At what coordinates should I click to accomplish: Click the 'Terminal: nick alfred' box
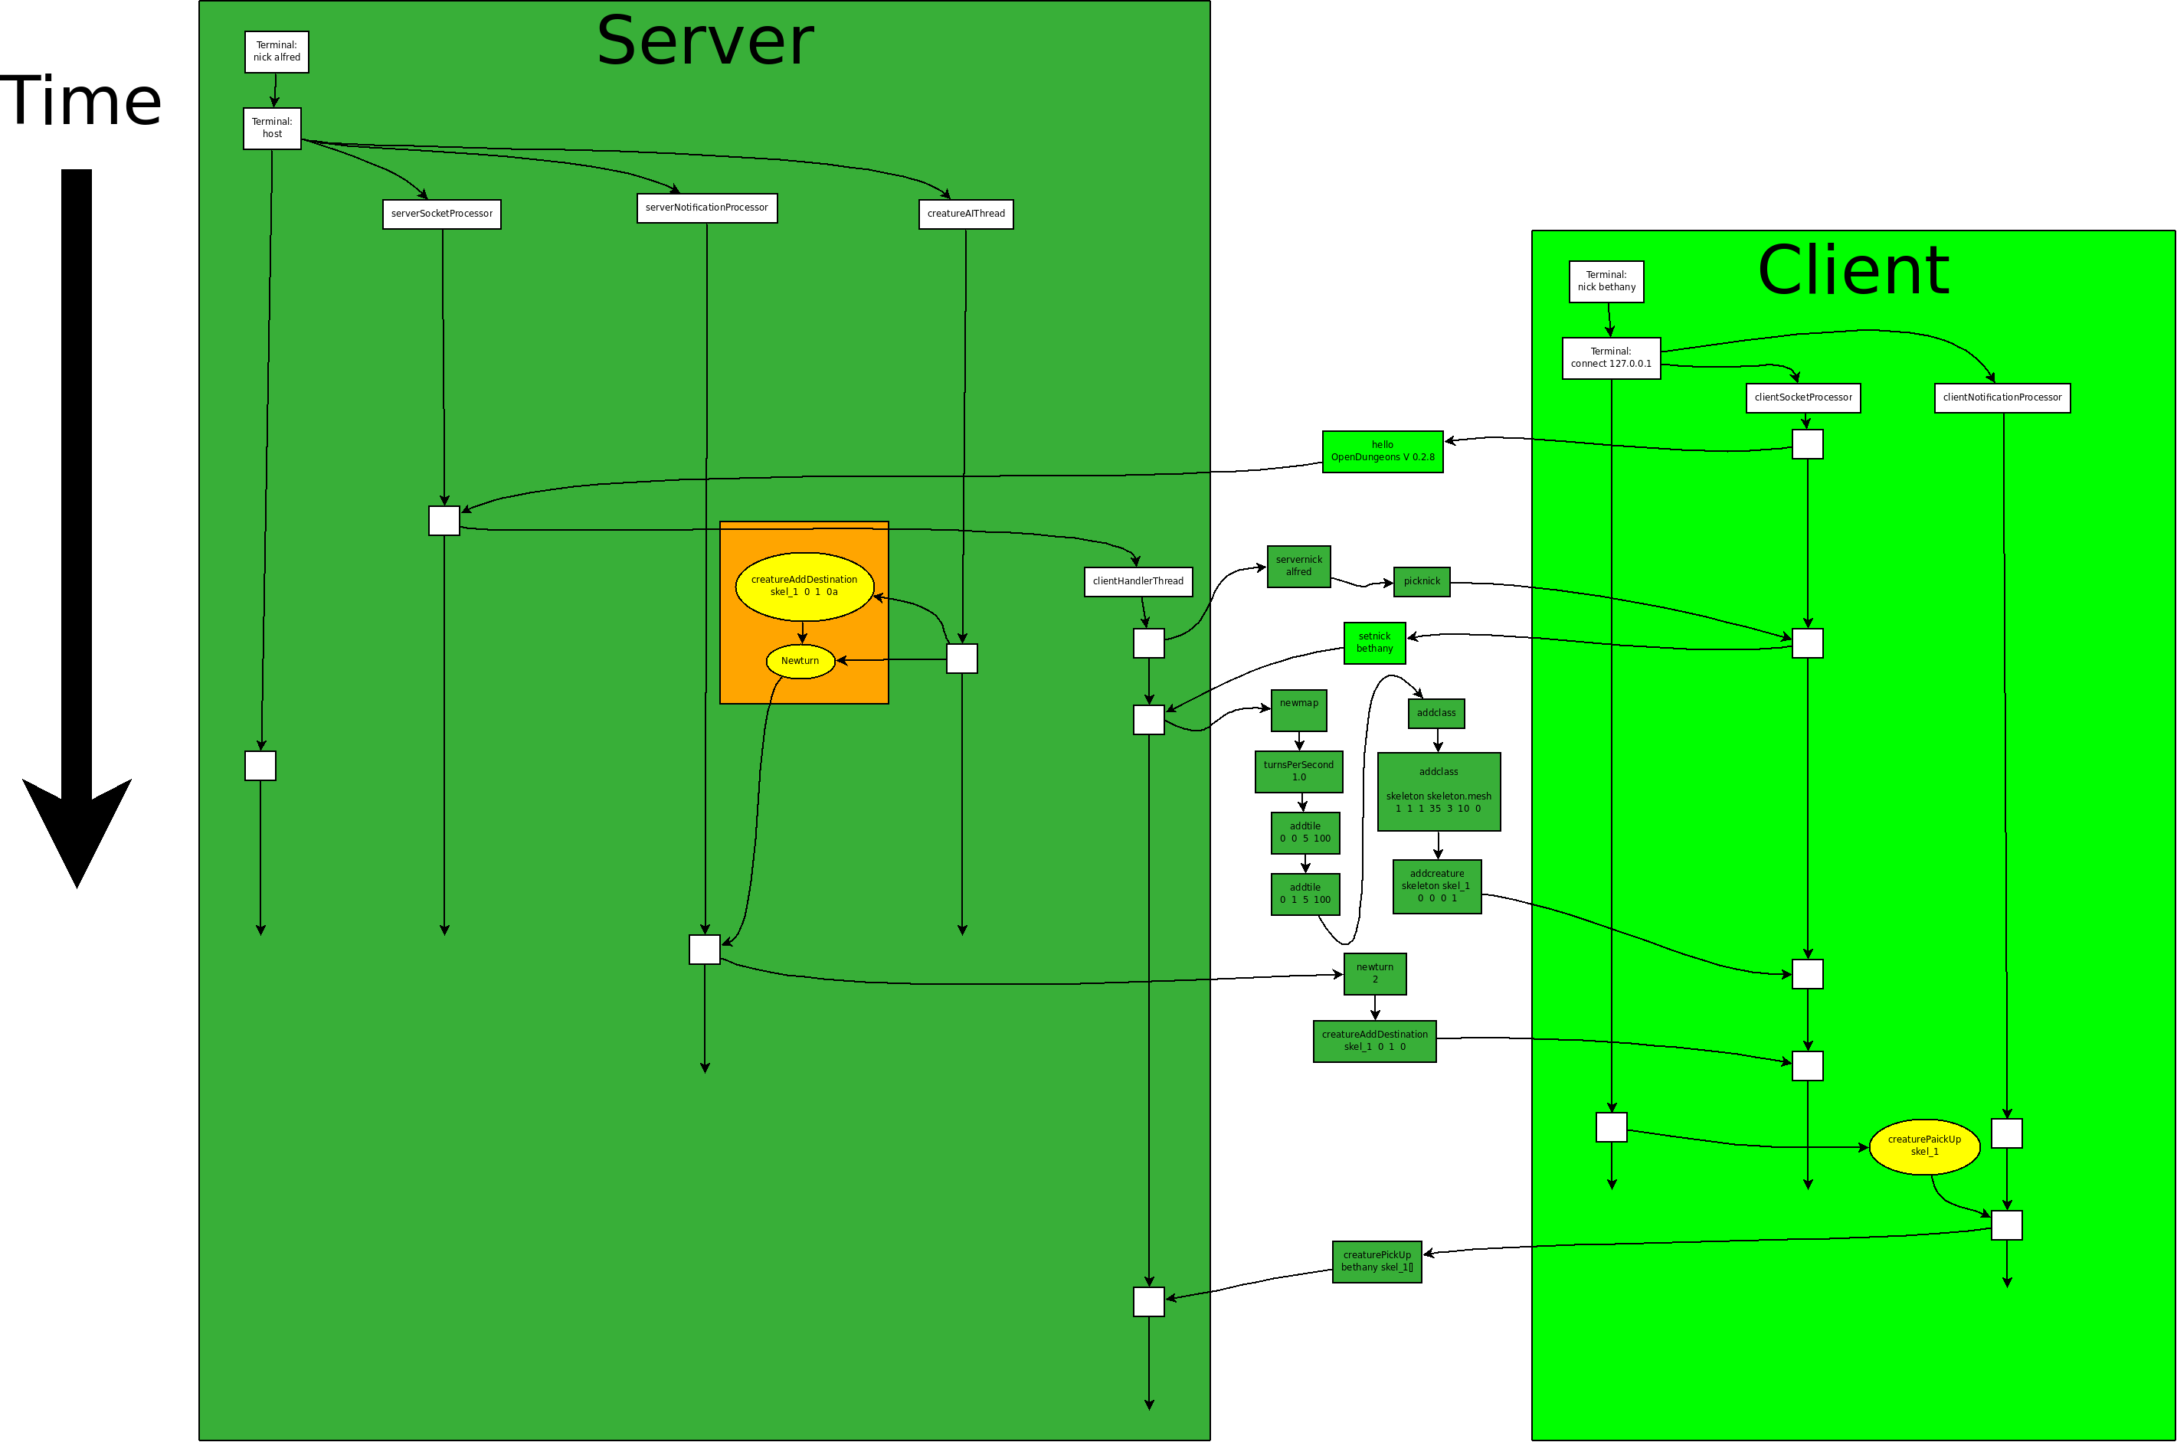point(276,51)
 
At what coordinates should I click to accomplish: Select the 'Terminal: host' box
point(271,128)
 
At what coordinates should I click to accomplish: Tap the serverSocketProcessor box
point(441,214)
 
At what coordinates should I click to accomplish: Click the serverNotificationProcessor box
point(706,208)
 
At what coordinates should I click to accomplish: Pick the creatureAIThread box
point(966,214)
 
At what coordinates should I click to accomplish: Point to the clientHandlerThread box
point(1138,581)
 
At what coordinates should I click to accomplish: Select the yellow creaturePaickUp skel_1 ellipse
point(1924,1146)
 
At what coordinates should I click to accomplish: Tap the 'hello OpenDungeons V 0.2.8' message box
point(1383,452)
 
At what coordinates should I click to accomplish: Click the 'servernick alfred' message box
point(1298,567)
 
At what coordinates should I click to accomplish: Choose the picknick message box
point(1422,581)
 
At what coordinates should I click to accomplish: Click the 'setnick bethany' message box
point(1374,643)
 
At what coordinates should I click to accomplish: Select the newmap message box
point(1298,710)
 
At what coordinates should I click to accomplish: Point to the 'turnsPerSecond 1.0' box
point(1298,772)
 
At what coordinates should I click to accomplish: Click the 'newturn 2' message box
point(1375,974)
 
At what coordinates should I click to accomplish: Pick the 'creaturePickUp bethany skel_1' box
point(1377,1262)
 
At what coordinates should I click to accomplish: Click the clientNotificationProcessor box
point(2002,398)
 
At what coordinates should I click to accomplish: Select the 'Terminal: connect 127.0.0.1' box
point(1610,358)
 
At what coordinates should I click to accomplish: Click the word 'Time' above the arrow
point(81,101)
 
